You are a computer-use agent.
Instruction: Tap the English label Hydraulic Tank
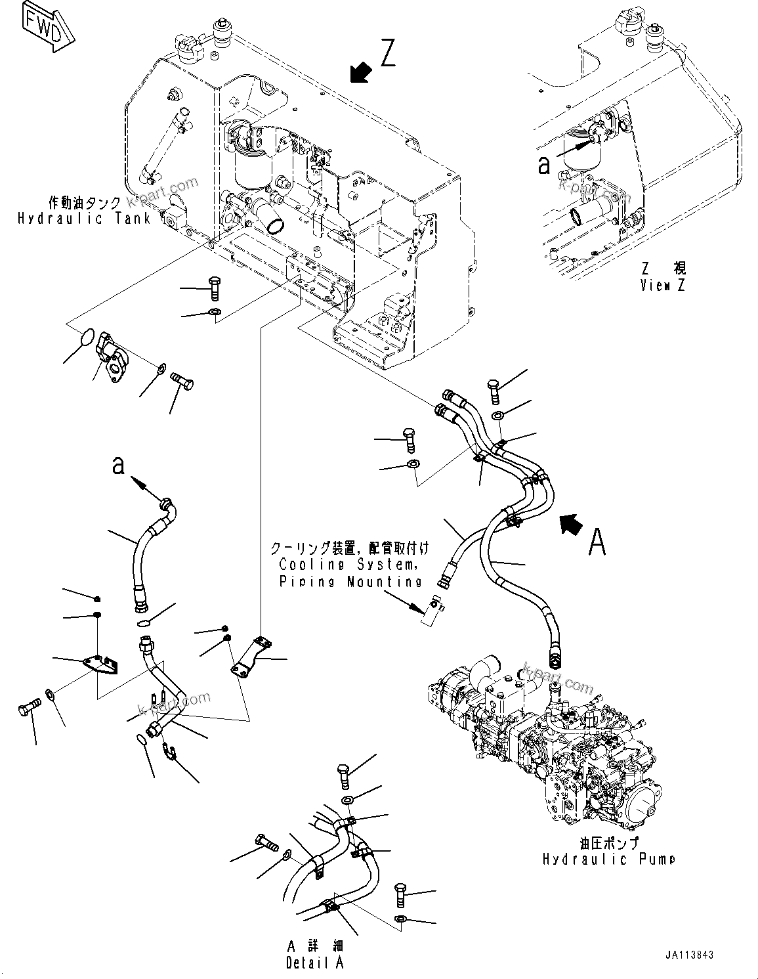84,219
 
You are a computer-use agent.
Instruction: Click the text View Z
663,286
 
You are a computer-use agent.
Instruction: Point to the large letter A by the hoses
596,542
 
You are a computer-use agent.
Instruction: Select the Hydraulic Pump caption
608,859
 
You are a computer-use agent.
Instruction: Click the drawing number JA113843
686,955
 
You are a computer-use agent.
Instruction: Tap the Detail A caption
315,963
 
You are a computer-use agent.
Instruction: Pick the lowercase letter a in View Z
543,165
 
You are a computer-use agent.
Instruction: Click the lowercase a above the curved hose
118,466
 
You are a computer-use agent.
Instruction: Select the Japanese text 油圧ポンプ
608,844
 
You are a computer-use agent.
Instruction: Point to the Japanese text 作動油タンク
84,203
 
